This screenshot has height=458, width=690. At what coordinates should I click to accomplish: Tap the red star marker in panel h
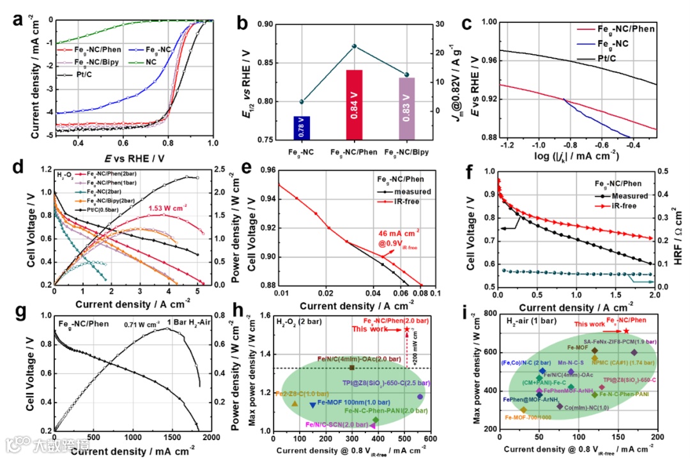407,329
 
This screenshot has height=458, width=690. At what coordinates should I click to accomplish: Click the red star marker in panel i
626,331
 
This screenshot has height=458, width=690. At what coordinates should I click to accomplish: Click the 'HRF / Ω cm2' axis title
674,229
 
